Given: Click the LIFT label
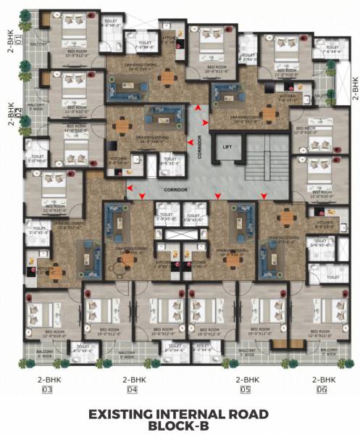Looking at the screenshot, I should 227,146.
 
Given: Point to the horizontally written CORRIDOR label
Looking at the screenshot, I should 176,189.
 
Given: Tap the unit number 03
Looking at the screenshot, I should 48,390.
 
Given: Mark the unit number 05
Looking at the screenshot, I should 246,390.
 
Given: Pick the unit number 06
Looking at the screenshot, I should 323,390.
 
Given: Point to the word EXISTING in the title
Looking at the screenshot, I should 121,414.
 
